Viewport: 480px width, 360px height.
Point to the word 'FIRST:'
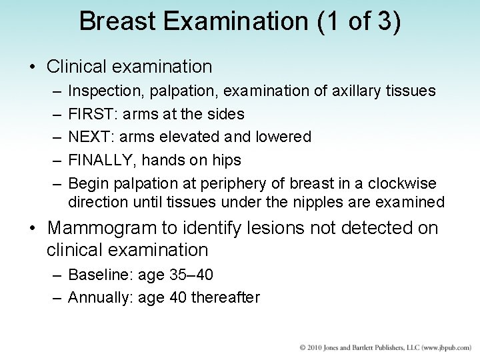click(90, 114)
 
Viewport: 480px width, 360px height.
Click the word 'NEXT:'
click(90, 137)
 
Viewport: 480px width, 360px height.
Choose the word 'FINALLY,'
click(99, 160)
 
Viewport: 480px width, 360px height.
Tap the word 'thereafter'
click(225, 297)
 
